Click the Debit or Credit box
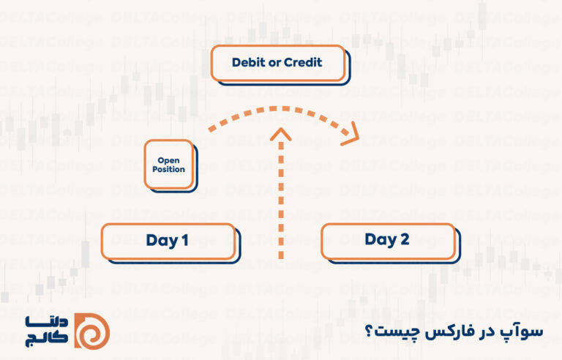point(277,63)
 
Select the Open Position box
point(168,165)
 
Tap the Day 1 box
point(168,241)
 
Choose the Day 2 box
point(387,240)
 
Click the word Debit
point(249,63)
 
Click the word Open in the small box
point(168,160)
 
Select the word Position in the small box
point(168,169)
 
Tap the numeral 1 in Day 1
point(184,241)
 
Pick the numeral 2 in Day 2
point(405,240)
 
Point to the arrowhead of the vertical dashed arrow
point(281,134)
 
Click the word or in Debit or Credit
point(274,63)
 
